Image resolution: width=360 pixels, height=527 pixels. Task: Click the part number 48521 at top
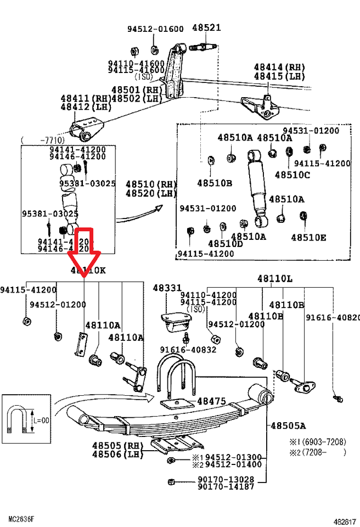206,27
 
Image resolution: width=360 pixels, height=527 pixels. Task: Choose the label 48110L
275,279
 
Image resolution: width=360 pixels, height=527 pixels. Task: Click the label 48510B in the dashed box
215,182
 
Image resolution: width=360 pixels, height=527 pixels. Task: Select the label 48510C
292,175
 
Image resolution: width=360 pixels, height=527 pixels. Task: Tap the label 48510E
308,237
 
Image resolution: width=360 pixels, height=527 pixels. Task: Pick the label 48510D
225,243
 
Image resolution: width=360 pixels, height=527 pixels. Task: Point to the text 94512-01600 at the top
156,29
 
